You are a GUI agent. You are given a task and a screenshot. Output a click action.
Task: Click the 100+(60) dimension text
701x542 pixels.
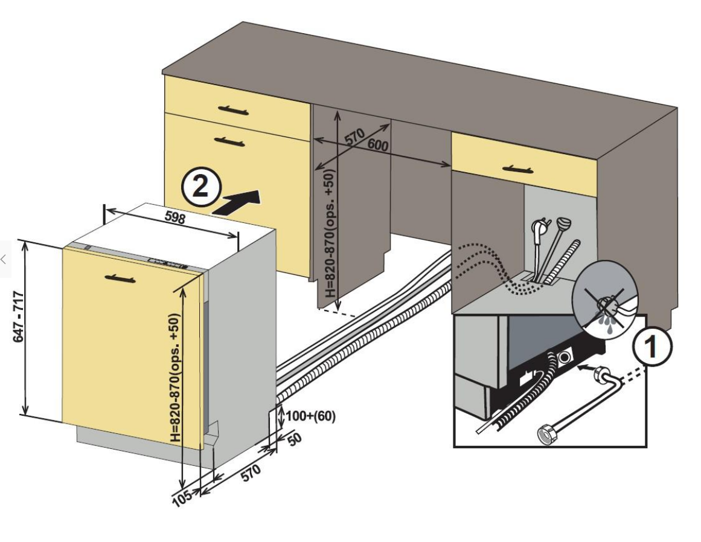point(310,416)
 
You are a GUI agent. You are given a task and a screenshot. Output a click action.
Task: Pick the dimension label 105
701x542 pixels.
point(181,497)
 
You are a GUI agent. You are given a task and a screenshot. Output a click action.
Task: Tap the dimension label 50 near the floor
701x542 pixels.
point(294,439)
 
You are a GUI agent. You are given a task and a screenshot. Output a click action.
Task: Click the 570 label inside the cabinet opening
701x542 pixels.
point(356,136)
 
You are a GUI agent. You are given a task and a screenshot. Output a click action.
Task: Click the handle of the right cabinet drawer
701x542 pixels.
point(517,169)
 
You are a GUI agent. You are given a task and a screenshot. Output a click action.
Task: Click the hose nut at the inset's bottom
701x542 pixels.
point(548,433)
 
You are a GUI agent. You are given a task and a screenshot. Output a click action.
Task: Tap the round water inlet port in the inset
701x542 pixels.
point(565,357)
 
